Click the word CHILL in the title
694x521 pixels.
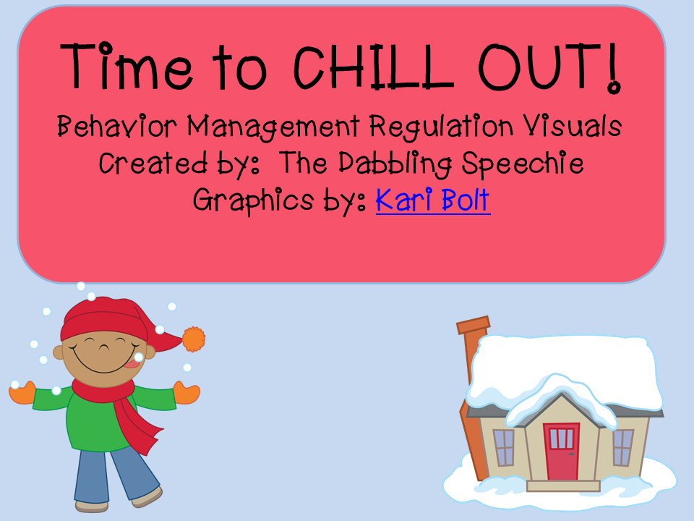[374, 67]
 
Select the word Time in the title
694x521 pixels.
[127, 66]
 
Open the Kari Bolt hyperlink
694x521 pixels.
[433, 200]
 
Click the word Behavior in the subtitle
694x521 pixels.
[117, 126]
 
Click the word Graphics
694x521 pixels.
[253, 200]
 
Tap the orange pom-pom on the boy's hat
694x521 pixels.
[194, 339]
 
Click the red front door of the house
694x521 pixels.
[562, 452]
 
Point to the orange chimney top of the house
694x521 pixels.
[473, 325]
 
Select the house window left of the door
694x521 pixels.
[504, 447]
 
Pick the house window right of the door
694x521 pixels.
[622, 447]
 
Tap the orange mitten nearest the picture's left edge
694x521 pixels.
[22, 392]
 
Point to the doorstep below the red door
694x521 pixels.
[563, 486]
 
